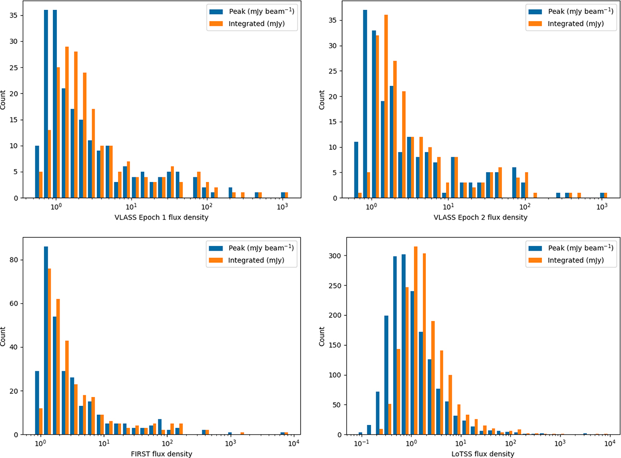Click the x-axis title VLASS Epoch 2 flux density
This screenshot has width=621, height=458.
pyautogui.click(x=476, y=217)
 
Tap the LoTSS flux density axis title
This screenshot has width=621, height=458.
pyautogui.click(x=476, y=454)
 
